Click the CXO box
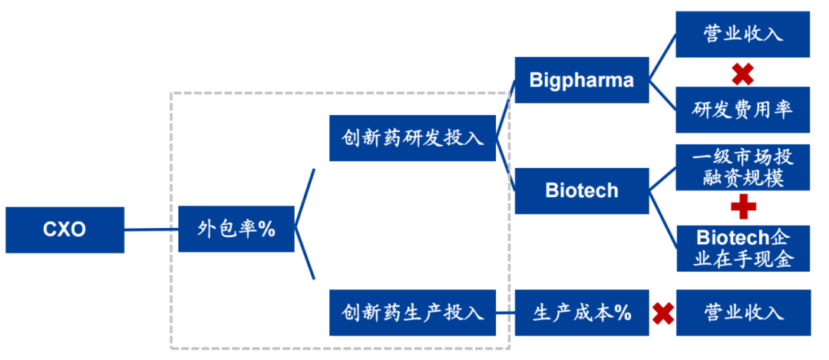coord(64,230)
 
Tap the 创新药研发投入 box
coord(412,138)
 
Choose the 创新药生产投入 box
coord(412,312)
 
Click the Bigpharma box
coord(582,80)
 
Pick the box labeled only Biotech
coord(582,190)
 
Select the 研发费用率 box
coord(742,109)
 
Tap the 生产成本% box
coord(582,312)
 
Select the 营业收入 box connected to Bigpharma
coord(742,35)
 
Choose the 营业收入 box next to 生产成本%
coord(742,312)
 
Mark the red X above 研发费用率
coord(742,74)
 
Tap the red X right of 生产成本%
coord(663,312)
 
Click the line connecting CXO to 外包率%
coord(151,229)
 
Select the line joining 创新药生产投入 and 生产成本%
coord(505,312)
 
